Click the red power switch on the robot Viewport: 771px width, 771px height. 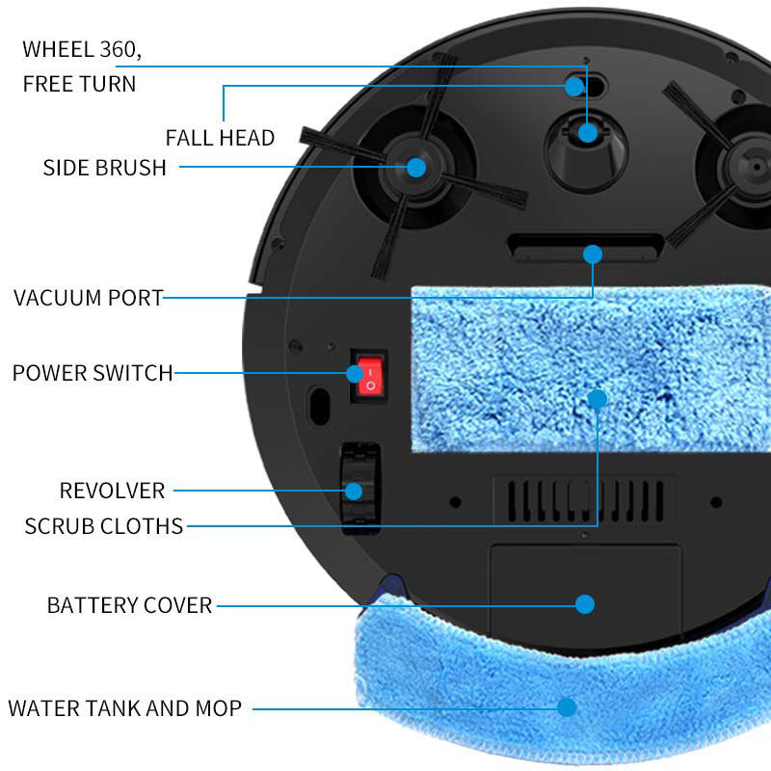(368, 377)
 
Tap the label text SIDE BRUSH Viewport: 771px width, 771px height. (104, 168)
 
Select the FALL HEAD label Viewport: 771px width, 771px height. (220, 138)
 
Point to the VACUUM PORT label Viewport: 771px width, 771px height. (89, 297)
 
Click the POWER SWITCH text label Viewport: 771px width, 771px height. (93, 373)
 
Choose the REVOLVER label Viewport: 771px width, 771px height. (112, 491)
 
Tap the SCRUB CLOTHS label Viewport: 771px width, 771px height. (103, 526)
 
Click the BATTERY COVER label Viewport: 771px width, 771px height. (129, 605)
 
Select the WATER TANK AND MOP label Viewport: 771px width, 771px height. (124, 709)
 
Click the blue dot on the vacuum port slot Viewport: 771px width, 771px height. (593, 254)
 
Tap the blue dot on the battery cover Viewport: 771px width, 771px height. (585, 604)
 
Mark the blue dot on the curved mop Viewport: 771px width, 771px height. (567, 707)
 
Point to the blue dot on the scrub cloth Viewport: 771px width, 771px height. (598, 398)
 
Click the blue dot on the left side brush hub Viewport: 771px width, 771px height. (416, 167)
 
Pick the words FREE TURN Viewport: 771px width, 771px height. (79, 84)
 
